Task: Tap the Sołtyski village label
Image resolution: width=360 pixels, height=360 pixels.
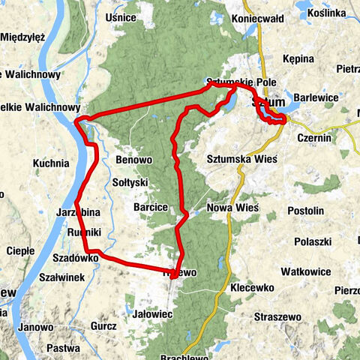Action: click(x=130, y=182)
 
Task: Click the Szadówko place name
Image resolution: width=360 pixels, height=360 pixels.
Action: click(x=76, y=257)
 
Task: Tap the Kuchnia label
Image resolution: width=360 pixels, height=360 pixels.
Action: click(x=51, y=161)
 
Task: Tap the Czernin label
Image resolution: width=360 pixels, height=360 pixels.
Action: click(x=313, y=137)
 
